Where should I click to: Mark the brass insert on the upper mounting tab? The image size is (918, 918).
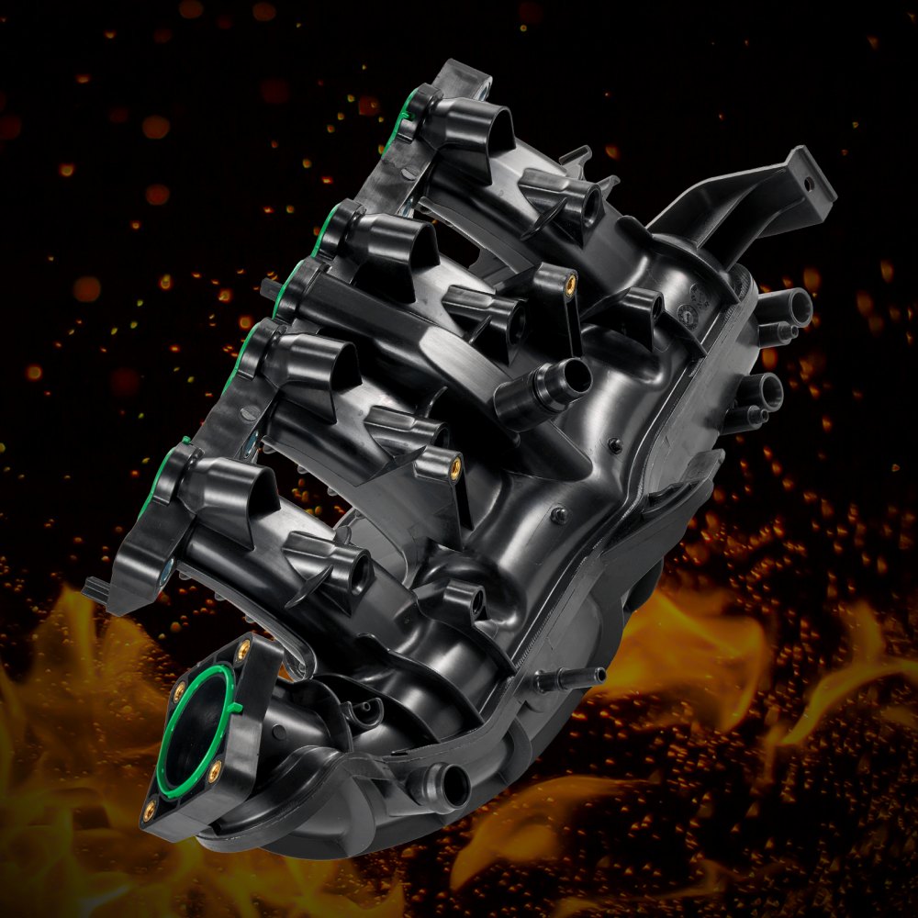[570, 279]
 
